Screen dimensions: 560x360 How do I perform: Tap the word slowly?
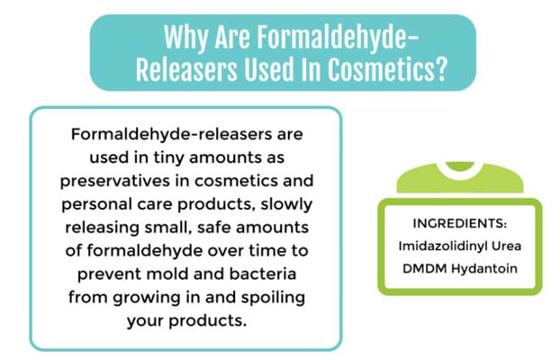(x=286, y=205)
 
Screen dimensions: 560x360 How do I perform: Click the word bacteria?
(x=263, y=274)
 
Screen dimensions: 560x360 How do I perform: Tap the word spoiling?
(x=273, y=298)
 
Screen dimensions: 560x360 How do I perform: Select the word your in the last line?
(x=145, y=321)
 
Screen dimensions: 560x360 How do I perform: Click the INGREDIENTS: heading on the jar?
(x=460, y=223)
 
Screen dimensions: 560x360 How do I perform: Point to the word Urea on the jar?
(x=506, y=246)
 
